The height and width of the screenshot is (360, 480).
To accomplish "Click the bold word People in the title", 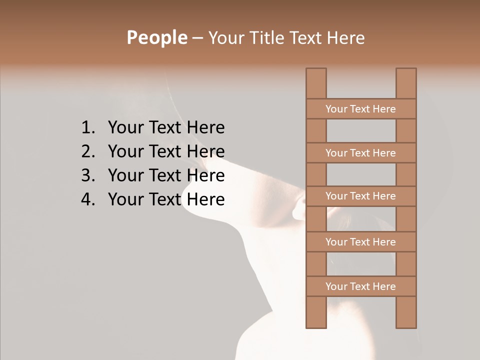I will [x=156, y=38].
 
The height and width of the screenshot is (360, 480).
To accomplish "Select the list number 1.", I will [x=87, y=128].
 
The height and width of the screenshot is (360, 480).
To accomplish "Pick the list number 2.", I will [x=87, y=151].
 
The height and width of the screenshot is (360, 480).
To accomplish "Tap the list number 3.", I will [x=87, y=175].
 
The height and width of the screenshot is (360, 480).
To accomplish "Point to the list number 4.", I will [x=87, y=199].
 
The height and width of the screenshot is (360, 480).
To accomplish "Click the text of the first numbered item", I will [x=166, y=128].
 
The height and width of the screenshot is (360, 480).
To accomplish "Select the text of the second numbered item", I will [x=166, y=151].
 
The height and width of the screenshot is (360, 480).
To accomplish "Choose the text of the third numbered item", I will [x=166, y=175].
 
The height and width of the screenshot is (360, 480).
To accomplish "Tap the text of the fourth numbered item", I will [x=166, y=199].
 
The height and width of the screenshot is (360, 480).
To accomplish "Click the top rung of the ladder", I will [x=360, y=109].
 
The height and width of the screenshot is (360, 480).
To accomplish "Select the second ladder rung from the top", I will [x=360, y=153].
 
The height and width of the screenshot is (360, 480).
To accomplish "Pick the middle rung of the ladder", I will [x=360, y=196].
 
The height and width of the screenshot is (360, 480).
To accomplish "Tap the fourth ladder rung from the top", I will [x=360, y=242].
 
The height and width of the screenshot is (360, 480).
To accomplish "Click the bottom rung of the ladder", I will [x=360, y=286].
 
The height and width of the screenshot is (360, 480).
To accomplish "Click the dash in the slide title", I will [x=197, y=38].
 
